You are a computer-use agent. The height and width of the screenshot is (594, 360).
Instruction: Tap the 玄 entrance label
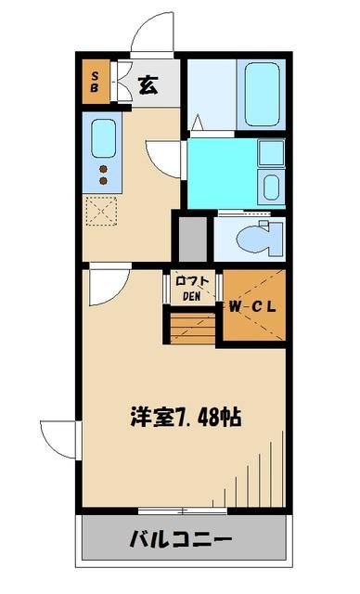tap(148, 85)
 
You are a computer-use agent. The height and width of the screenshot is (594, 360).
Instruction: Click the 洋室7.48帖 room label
tap(186, 416)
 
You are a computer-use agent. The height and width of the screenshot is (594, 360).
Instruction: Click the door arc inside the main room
tap(102, 288)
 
